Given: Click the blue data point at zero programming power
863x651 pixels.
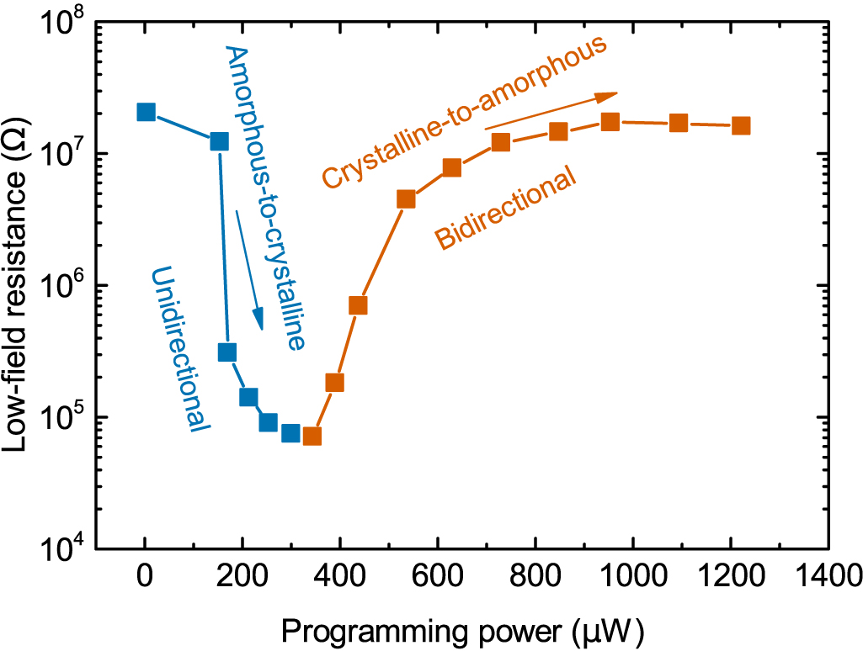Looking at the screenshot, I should (x=146, y=112).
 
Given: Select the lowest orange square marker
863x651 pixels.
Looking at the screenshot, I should (x=312, y=436).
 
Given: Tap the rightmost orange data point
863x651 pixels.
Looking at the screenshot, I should (x=741, y=125).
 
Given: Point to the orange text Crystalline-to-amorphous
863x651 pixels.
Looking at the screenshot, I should (x=464, y=114).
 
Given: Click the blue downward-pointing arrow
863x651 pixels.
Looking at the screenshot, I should (x=250, y=269).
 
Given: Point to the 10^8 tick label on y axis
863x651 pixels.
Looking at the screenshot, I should (x=63, y=23).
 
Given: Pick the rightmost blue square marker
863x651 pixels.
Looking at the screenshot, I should (x=290, y=432).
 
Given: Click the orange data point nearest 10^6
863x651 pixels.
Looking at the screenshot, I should (x=358, y=305).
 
